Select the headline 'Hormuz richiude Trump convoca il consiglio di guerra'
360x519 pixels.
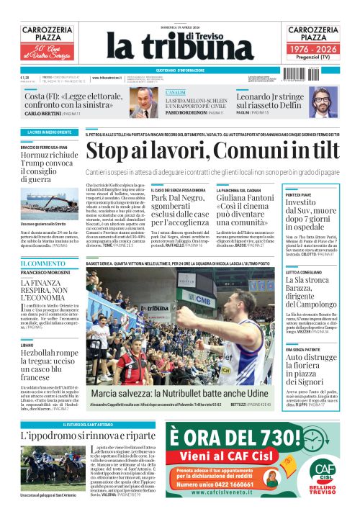click(48, 167)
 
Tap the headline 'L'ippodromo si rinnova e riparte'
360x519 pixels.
click(88, 436)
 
